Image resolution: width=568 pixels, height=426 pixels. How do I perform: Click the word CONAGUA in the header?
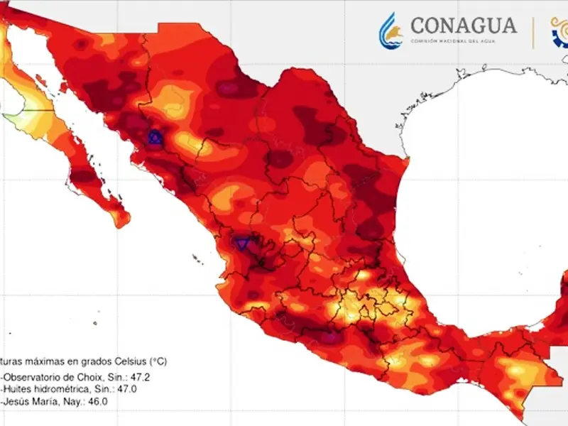tap(464, 26)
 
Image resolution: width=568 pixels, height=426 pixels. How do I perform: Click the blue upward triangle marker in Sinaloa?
tap(155, 138)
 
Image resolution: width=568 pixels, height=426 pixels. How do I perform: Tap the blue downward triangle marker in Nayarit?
tap(243, 244)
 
